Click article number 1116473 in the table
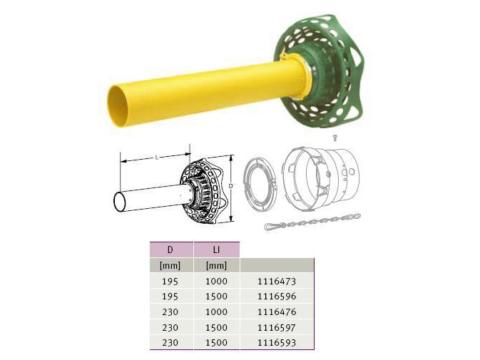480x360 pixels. (x=277, y=281)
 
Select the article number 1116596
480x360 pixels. (x=277, y=297)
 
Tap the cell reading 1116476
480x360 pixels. (x=277, y=312)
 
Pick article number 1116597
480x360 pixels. (x=277, y=328)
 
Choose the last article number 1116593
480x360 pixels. (x=277, y=343)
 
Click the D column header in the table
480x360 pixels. (x=170, y=250)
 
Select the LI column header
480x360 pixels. (x=216, y=250)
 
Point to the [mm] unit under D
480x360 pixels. (x=170, y=265)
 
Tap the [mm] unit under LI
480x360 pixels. (x=216, y=265)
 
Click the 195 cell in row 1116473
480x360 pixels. (x=170, y=281)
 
